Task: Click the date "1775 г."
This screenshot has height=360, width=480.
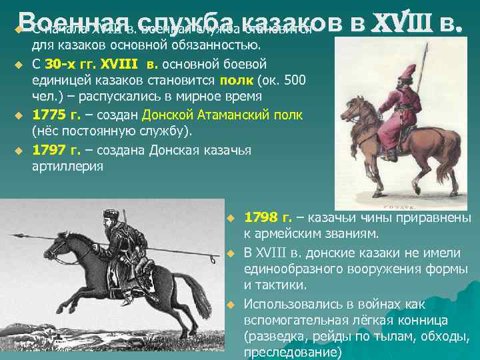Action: [56, 113]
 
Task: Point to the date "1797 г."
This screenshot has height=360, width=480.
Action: [56, 150]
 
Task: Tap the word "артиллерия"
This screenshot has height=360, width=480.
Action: [67, 166]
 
